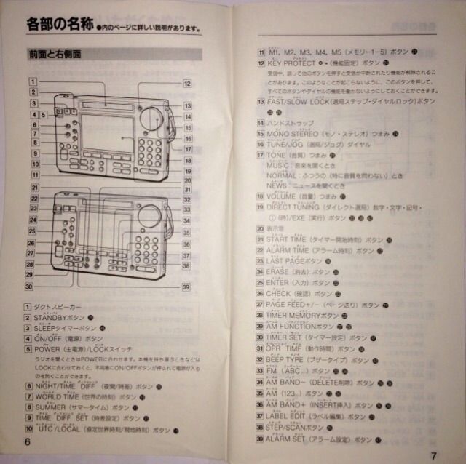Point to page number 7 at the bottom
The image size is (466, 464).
point(433,456)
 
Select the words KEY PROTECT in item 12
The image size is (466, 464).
point(291,63)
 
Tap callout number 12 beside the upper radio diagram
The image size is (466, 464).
point(187,84)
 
